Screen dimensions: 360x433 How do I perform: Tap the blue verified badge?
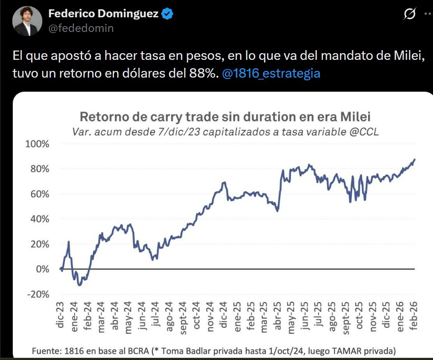167,14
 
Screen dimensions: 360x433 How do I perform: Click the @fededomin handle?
81,28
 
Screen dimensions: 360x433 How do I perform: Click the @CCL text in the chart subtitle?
363,132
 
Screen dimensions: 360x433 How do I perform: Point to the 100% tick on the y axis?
39,144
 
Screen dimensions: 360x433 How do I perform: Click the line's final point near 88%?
415,159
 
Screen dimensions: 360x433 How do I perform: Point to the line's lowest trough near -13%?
79,285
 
